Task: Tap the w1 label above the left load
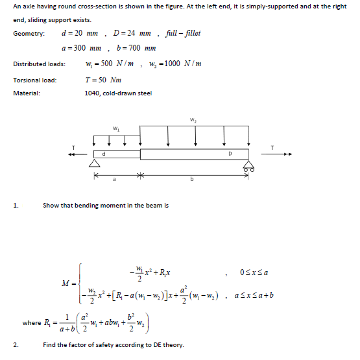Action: coord(115,128)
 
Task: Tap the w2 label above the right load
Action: coord(193,119)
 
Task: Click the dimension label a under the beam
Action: coord(115,178)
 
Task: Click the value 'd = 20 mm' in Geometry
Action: coord(78,33)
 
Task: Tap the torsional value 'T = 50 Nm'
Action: coord(103,80)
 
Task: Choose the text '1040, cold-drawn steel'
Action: coord(118,93)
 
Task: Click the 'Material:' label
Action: coord(27,93)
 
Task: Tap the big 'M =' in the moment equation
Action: coord(70,283)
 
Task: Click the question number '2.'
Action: coord(16,344)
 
